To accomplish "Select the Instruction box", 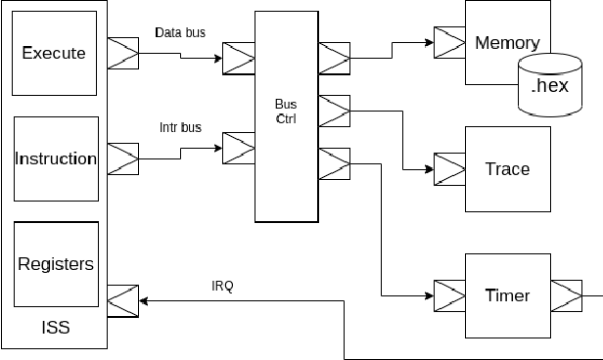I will pos(58,158).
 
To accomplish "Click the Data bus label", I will pos(180,32).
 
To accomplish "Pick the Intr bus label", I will pos(180,127).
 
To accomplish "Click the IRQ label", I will pos(222,287).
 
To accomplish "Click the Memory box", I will pos(506,42).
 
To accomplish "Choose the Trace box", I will pos(506,169).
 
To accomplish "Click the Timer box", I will pos(506,295).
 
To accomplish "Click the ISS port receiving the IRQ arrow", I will pos(122,300).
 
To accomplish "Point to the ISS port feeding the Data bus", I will pos(122,53).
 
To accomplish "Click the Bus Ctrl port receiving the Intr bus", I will pos(239,149).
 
